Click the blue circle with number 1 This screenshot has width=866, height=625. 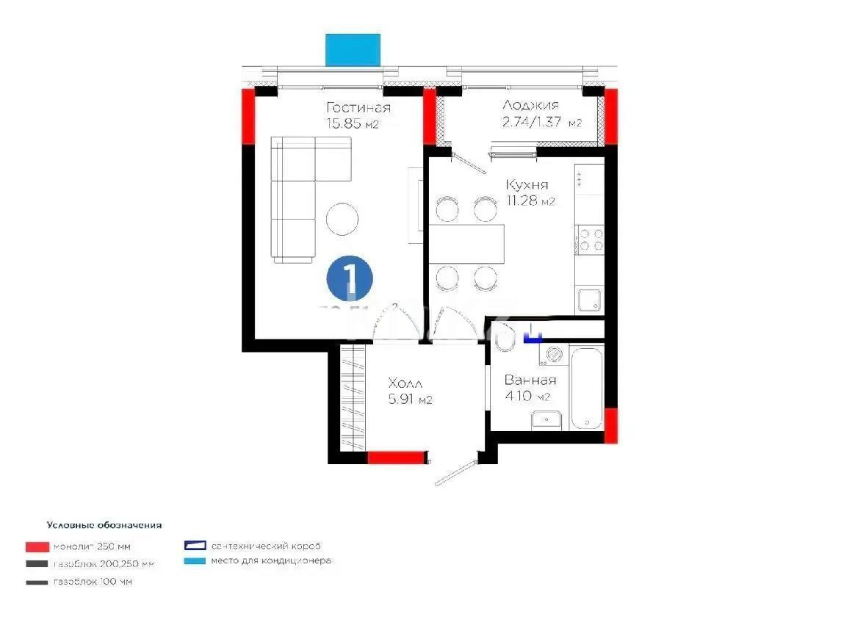point(350,278)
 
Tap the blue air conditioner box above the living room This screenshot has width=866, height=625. point(353,49)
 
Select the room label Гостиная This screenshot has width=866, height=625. point(358,108)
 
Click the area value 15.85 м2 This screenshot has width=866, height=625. point(353,123)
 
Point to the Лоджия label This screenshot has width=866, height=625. point(530,106)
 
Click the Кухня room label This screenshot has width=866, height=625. point(527,185)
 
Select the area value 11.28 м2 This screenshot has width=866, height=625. point(530,200)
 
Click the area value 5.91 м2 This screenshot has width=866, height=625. point(409,400)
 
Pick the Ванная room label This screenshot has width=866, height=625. point(530,380)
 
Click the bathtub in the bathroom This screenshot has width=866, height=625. point(587,387)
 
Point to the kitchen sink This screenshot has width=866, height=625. point(590,300)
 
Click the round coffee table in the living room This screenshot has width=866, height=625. point(343,219)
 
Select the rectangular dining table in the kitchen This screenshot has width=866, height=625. point(467,243)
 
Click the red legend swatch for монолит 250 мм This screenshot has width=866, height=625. point(36,547)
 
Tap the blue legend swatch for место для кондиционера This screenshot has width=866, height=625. point(195,561)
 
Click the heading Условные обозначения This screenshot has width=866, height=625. point(104,526)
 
